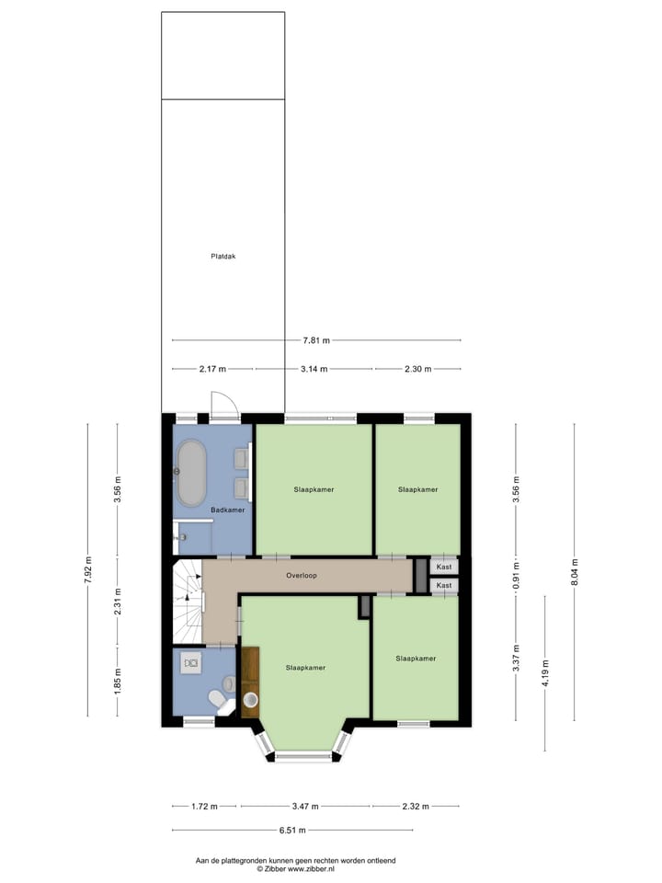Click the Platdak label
tap(223, 257)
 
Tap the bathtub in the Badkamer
tap(191, 473)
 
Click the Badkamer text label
tap(227, 510)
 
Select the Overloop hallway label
tap(301, 576)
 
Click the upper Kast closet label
tap(444, 568)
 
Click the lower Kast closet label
tap(444, 585)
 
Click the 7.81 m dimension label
tap(316, 340)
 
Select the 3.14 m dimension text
tap(315, 369)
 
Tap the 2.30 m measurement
tap(417, 369)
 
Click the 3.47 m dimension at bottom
tap(304, 807)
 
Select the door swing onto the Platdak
tap(223, 405)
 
